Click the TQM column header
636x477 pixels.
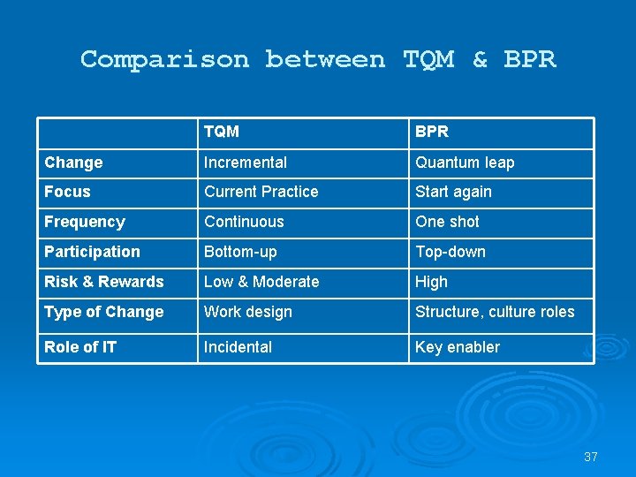(x=221, y=132)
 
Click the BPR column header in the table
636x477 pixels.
(x=432, y=132)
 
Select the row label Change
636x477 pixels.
(x=73, y=163)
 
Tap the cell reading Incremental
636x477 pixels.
(x=246, y=163)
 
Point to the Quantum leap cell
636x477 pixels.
(x=465, y=163)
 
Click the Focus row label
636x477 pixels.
(x=67, y=192)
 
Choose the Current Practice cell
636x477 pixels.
(x=261, y=192)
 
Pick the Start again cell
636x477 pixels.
(x=453, y=192)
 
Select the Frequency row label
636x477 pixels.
(x=85, y=222)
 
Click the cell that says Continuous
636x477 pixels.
(x=244, y=222)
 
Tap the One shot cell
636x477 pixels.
(x=448, y=222)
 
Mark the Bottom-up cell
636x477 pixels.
(x=240, y=252)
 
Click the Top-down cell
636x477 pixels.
(x=450, y=252)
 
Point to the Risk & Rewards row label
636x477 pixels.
(x=104, y=282)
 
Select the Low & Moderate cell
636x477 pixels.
(x=261, y=282)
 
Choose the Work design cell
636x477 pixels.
(x=248, y=312)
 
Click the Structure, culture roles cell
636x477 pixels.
(x=495, y=312)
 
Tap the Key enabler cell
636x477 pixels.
(x=458, y=347)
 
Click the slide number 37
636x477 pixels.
(x=591, y=457)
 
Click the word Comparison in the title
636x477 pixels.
(x=164, y=59)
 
